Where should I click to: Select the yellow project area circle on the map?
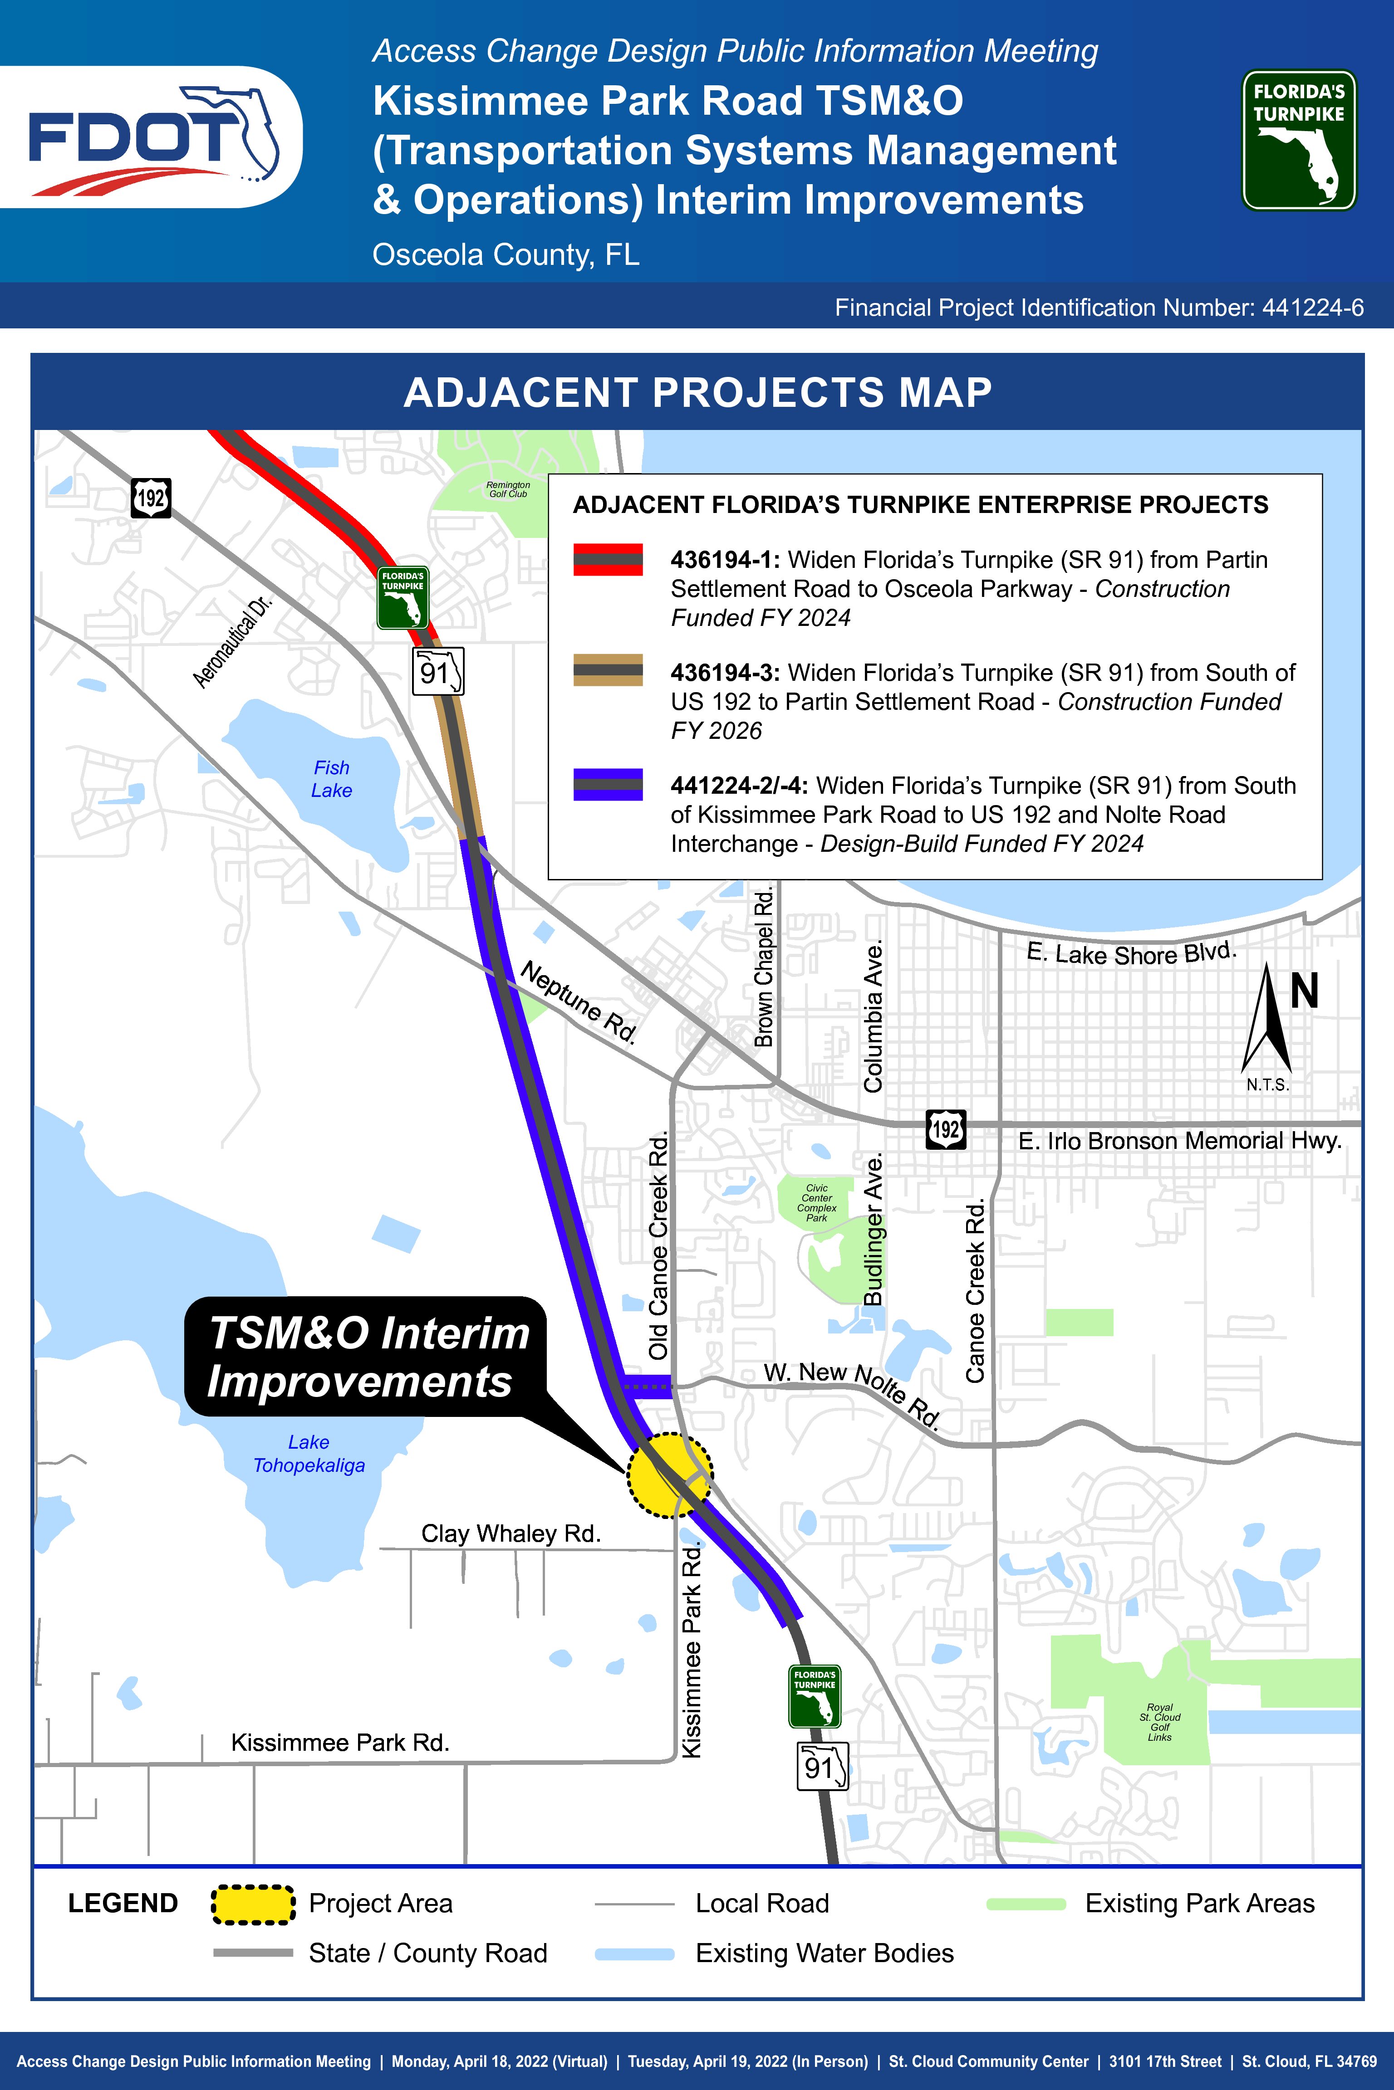point(669,1475)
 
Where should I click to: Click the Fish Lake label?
point(332,778)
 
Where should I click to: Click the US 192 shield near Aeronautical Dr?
point(151,498)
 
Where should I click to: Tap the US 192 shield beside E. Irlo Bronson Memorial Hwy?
point(945,1129)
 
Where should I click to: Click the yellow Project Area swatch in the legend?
point(253,1904)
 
